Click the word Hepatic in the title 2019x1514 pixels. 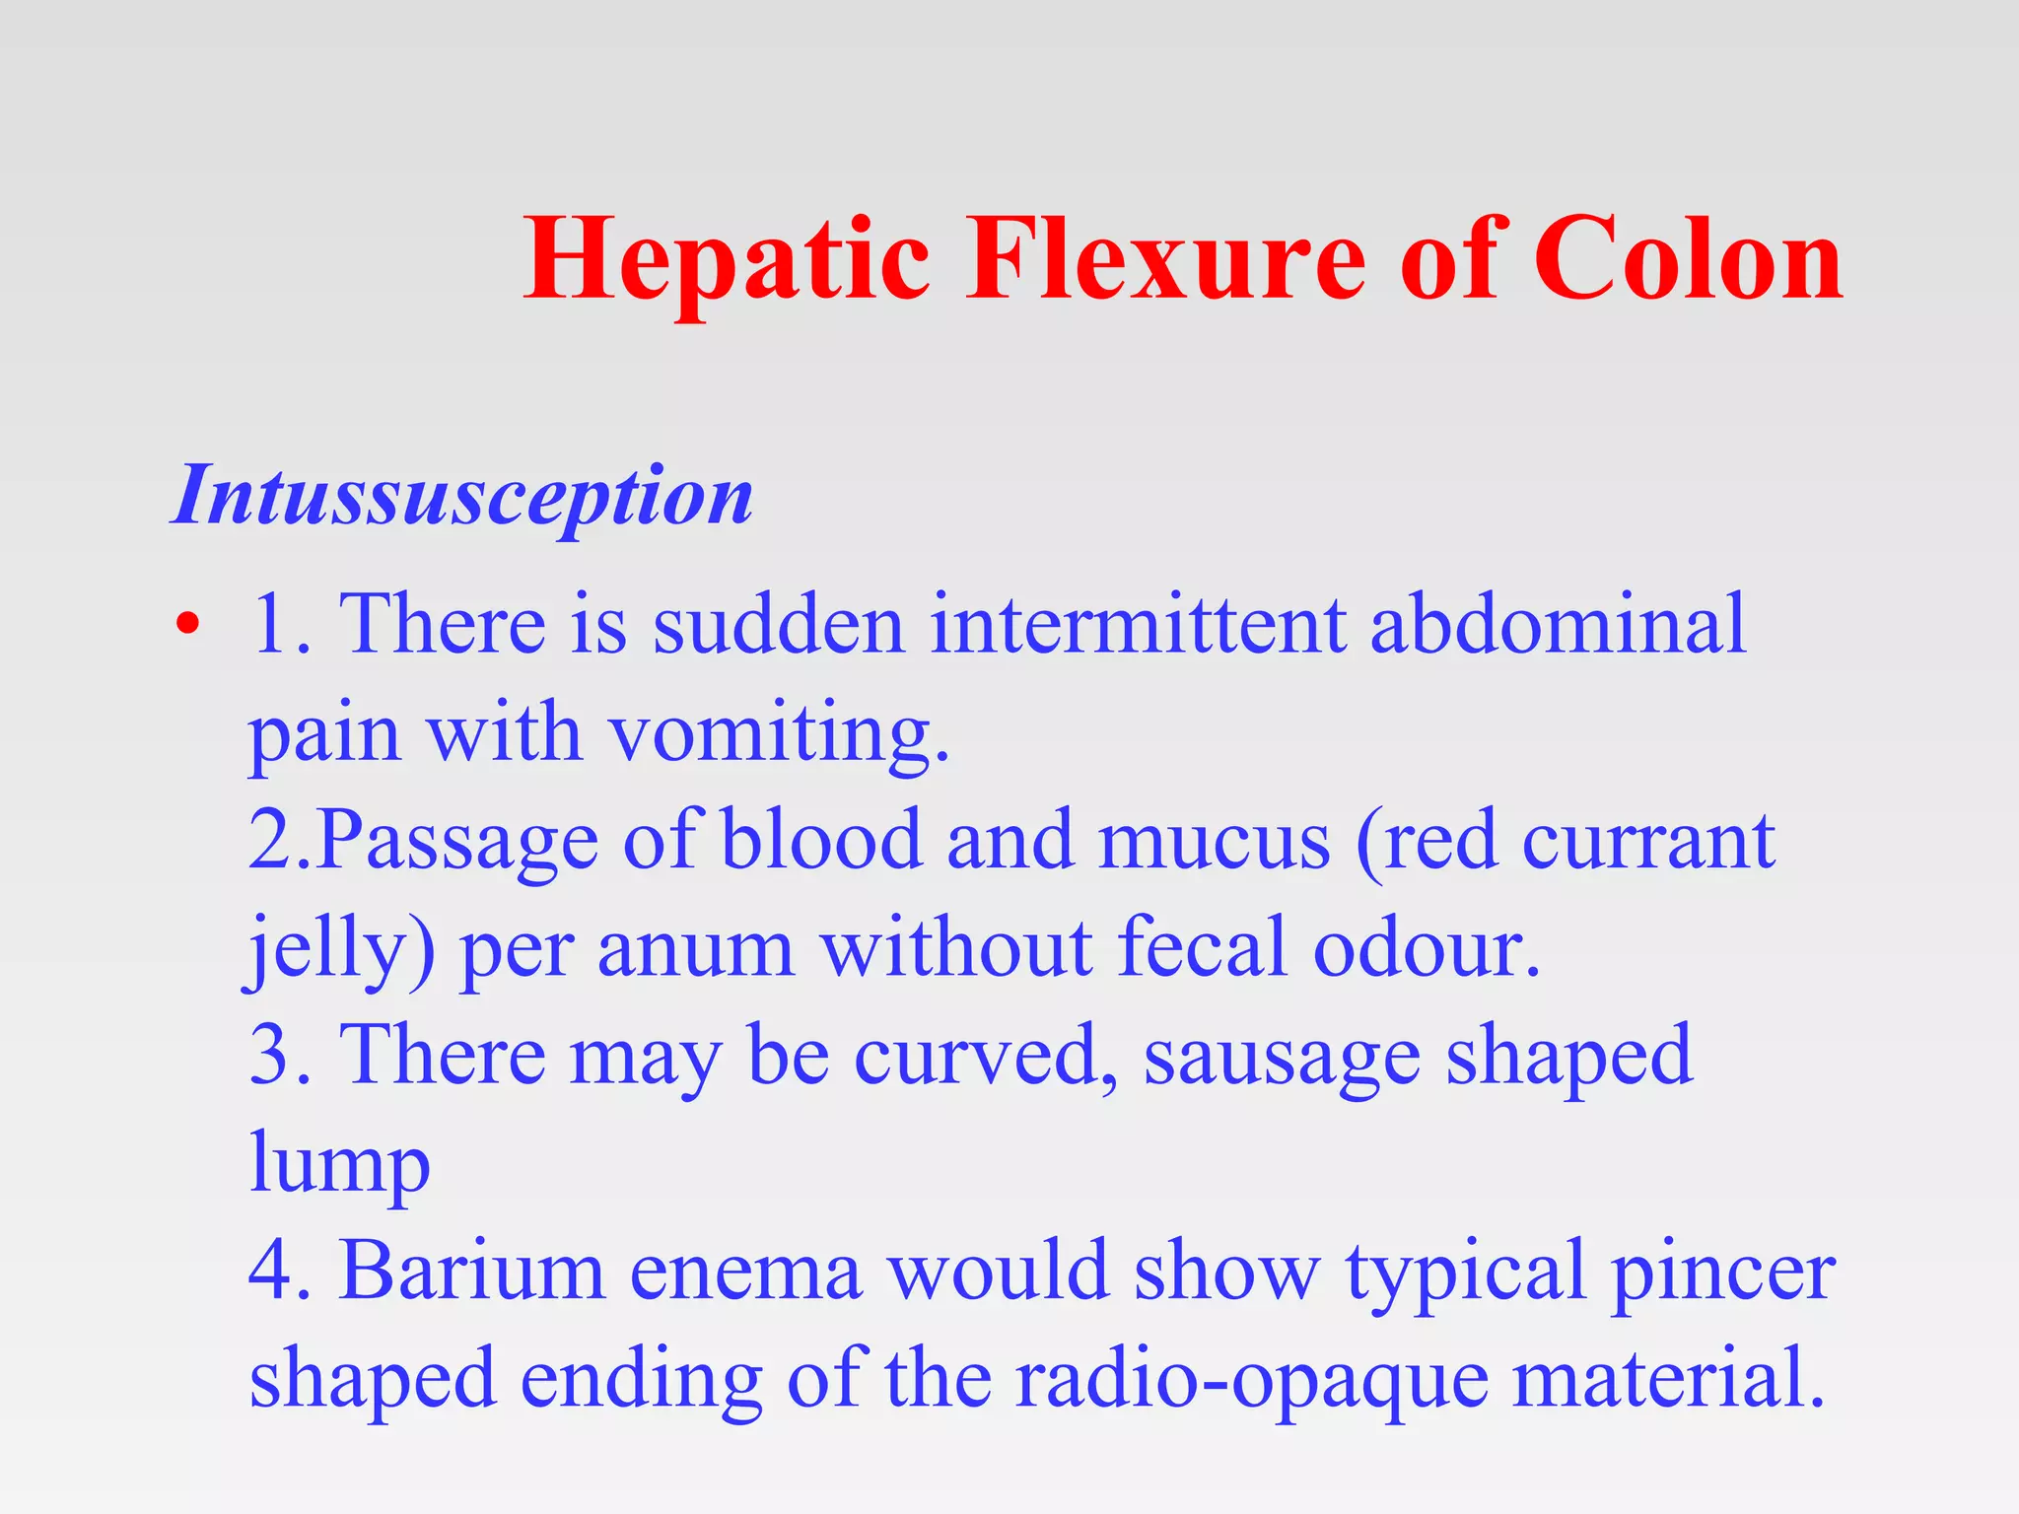tap(728, 261)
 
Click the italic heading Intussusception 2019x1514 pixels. tap(462, 496)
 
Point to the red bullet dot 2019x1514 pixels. tap(187, 624)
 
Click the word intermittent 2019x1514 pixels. tap(1139, 624)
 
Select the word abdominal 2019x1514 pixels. tap(1558, 624)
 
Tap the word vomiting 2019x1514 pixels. tap(779, 734)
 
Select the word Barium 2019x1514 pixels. tap(471, 1272)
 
